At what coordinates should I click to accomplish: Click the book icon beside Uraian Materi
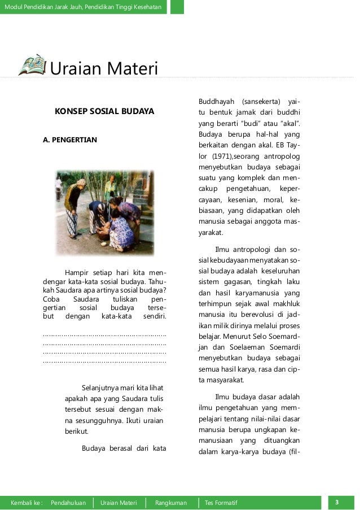[32, 65]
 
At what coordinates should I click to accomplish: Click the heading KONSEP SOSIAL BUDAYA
[104, 112]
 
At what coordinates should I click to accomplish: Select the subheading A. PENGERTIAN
[70, 140]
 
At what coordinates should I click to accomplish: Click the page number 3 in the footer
[336, 502]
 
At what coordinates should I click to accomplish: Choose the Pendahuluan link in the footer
[68, 503]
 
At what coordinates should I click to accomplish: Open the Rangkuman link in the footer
[171, 503]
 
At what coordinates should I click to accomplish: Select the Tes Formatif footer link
[221, 503]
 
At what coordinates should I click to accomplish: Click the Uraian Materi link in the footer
[118, 503]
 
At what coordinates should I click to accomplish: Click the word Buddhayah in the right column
[215, 101]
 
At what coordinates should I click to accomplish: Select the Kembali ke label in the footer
[27, 503]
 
